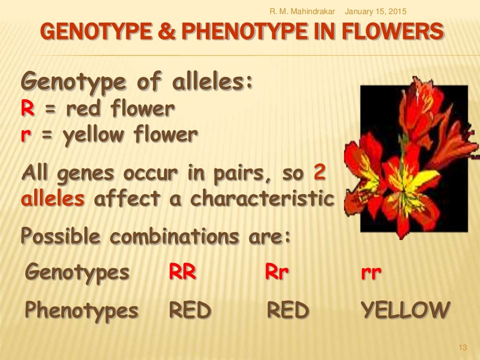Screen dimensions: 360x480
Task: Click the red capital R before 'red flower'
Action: click(27, 110)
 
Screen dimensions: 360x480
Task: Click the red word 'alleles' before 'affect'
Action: click(52, 199)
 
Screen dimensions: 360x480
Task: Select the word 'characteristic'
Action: click(263, 199)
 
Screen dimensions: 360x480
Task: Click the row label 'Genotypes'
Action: click(77, 272)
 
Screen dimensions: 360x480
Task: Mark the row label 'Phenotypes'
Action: click(82, 310)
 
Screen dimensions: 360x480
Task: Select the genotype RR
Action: click(182, 272)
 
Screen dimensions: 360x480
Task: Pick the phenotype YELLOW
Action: click(405, 310)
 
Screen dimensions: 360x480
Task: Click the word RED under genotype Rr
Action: click(288, 310)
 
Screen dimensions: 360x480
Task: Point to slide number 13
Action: click(463, 347)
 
